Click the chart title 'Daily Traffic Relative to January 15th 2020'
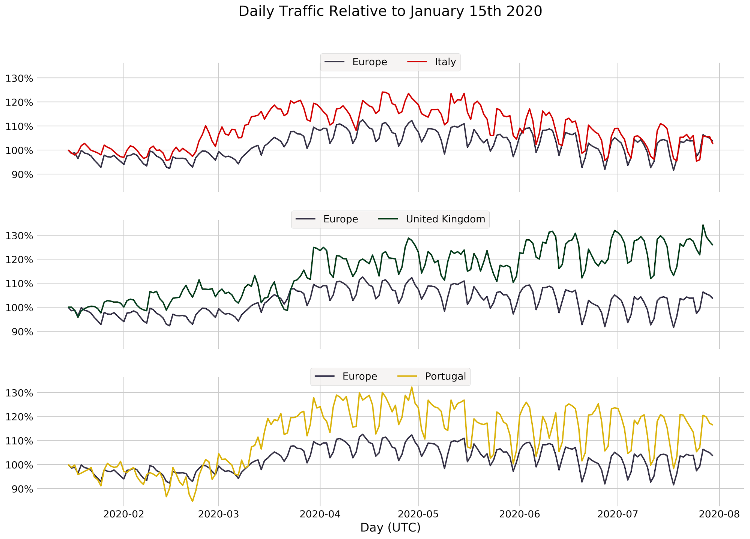(x=390, y=12)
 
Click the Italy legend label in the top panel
(x=445, y=62)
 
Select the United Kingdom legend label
(x=445, y=219)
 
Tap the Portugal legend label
(x=445, y=376)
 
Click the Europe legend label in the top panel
(x=370, y=62)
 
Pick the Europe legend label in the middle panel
(x=341, y=219)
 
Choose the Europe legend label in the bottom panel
(x=360, y=376)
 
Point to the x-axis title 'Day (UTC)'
(x=390, y=527)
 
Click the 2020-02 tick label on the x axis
(x=124, y=514)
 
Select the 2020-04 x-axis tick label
(x=320, y=514)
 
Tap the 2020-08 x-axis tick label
(x=719, y=514)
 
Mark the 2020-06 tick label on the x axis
(x=520, y=514)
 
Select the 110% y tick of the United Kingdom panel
(x=20, y=284)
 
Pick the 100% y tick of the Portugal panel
(x=20, y=465)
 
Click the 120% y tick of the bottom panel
(x=20, y=417)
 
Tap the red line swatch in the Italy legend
(x=417, y=62)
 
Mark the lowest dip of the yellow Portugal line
(x=192, y=501)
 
